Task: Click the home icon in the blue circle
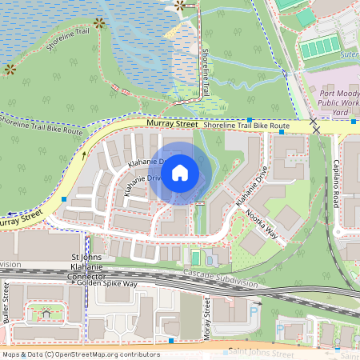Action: click(180, 173)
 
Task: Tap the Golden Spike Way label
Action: click(107, 284)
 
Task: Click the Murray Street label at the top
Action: click(172, 124)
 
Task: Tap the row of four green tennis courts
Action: click(320, 49)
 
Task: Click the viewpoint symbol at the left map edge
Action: click(10, 70)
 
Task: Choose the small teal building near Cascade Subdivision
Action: click(195, 258)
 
